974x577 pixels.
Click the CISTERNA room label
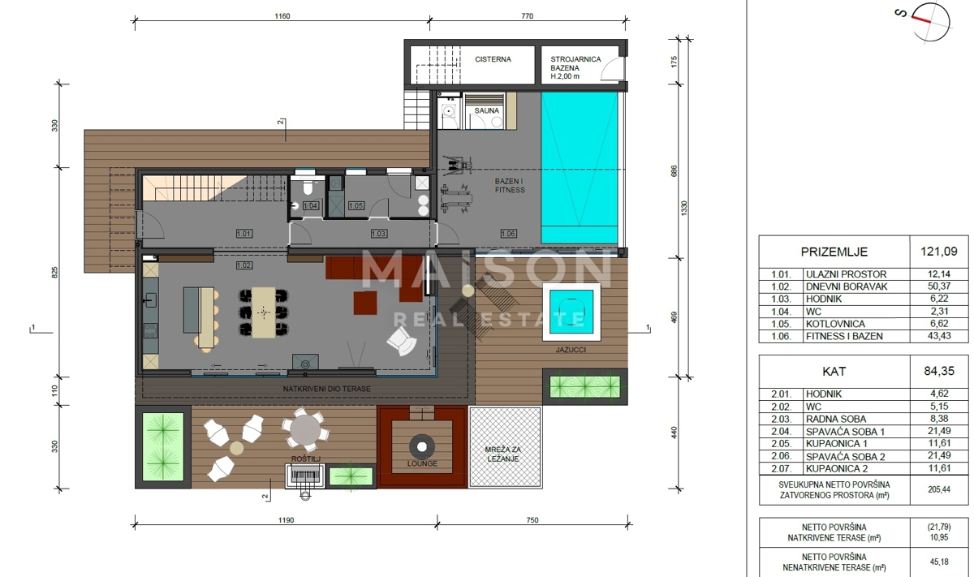tap(493, 59)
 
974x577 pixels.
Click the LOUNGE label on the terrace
tap(422, 464)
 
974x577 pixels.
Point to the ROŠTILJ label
tap(306, 460)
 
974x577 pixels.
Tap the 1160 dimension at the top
tap(282, 16)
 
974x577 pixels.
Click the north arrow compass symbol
tap(930, 20)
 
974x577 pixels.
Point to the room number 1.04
tap(311, 206)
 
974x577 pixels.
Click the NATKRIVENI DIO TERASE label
tap(327, 390)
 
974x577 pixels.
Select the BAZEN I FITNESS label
tap(510, 185)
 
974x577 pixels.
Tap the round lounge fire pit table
tap(422, 446)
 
